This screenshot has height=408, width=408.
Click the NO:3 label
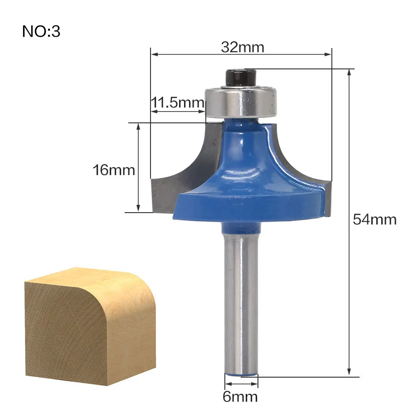coord(41,31)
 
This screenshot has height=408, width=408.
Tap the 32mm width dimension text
coord(243,47)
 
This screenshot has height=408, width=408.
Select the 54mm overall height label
coord(375,219)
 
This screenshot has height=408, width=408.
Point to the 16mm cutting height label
coord(114,170)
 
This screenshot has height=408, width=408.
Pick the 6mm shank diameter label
coord(240,397)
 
